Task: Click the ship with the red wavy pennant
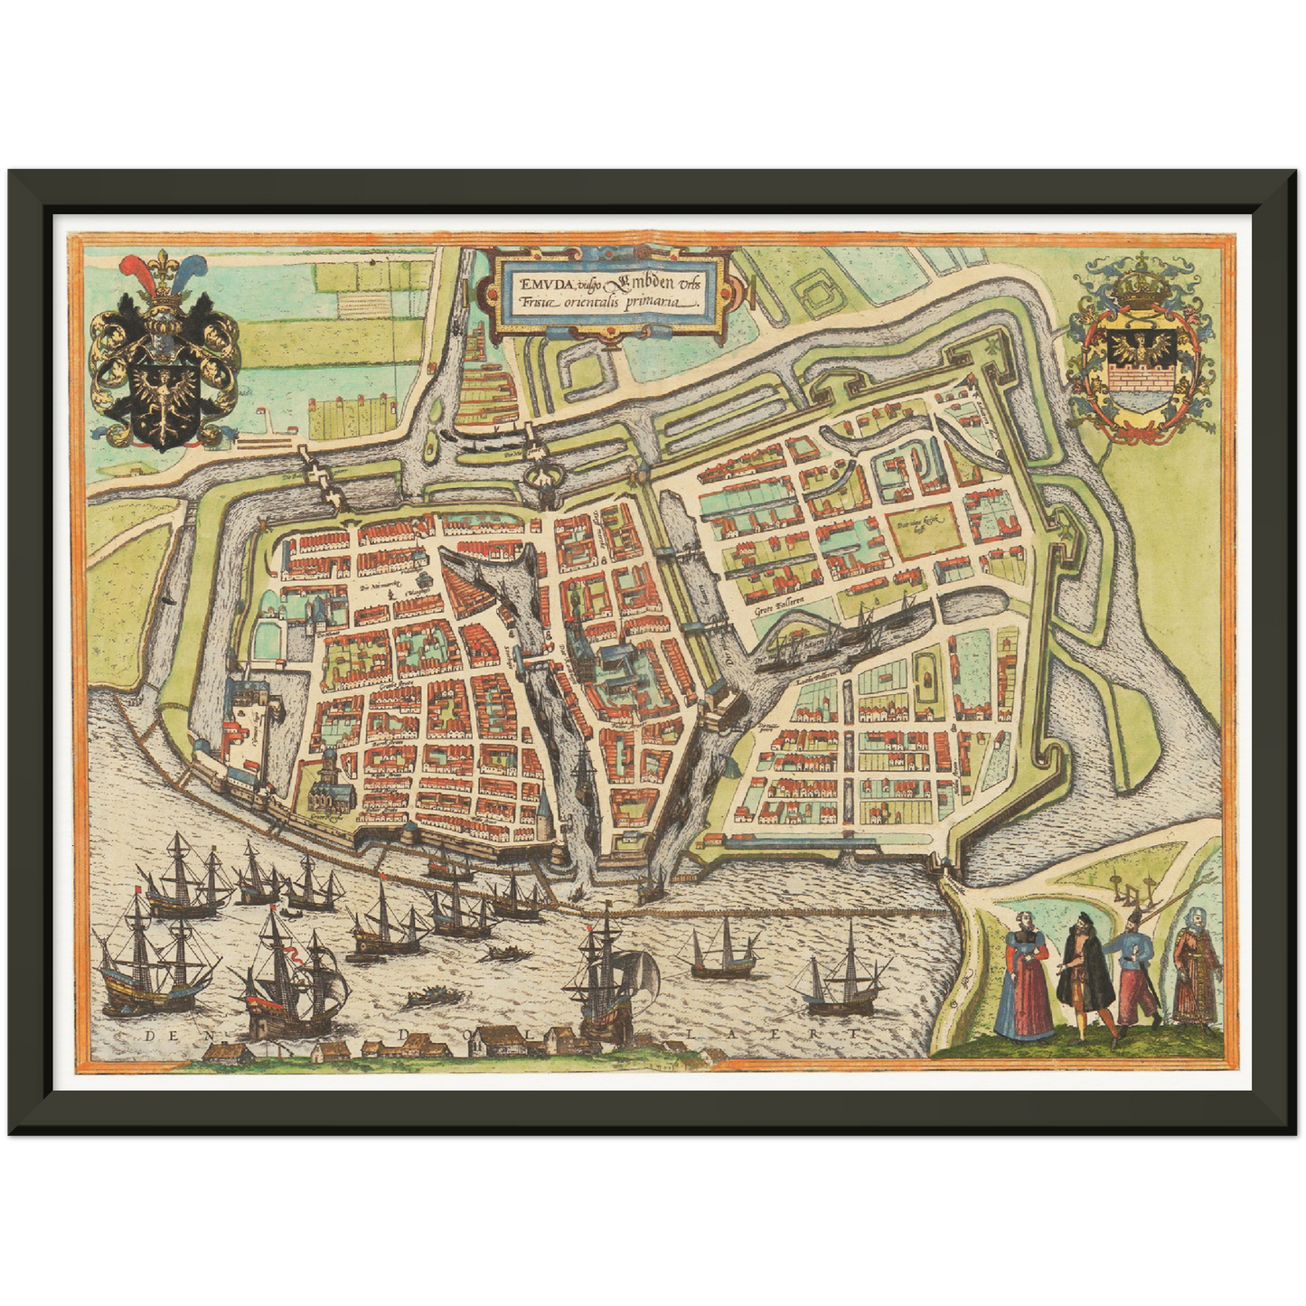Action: point(287,976)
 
